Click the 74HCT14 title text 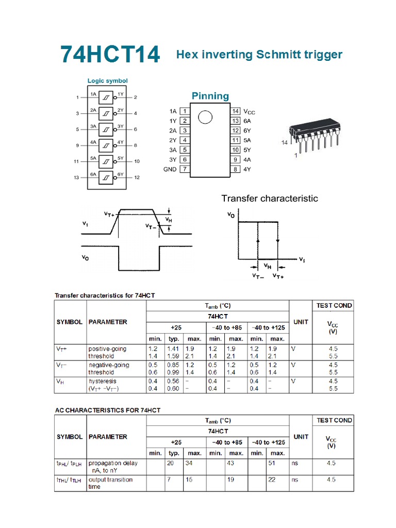(x=110, y=55)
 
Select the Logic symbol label (x=107, y=80)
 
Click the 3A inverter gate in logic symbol (x=105, y=129)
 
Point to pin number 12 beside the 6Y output (x=137, y=177)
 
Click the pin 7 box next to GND (x=184, y=169)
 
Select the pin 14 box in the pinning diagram (x=235, y=111)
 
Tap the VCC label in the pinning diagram (x=249, y=111)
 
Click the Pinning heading (x=210, y=96)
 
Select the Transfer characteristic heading (x=270, y=198)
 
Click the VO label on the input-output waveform (x=86, y=258)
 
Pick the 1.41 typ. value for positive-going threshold (x=173, y=349)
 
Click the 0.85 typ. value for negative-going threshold (x=173, y=365)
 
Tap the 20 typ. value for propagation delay (x=170, y=463)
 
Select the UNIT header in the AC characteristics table (x=301, y=436)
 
